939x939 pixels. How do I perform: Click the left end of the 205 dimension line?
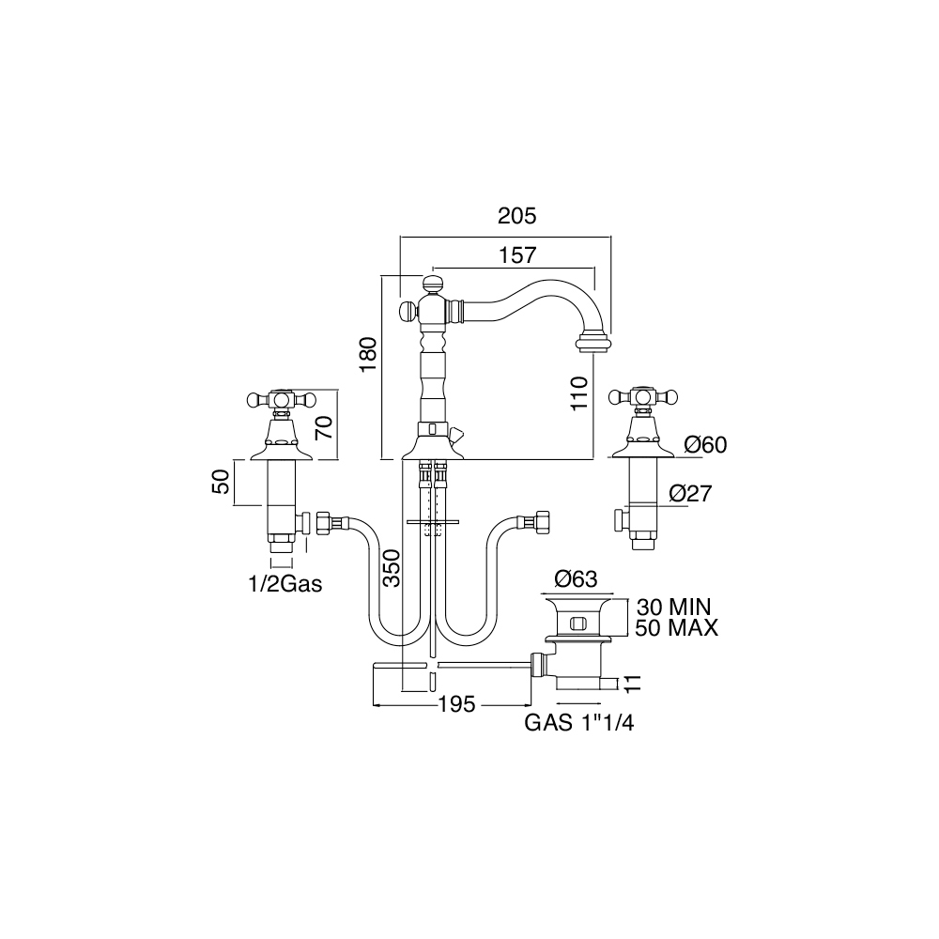coord(400,238)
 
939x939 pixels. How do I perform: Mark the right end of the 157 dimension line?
coord(594,267)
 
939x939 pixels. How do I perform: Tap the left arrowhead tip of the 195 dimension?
coord(373,705)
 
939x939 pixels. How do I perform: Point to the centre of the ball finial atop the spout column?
coord(432,284)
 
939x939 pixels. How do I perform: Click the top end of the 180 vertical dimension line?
coord(381,275)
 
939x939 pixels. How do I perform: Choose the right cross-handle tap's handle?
coord(642,396)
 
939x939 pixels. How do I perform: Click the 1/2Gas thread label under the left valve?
coord(285,584)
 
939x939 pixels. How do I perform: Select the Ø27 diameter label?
coord(690,494)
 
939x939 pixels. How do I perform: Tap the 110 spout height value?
coord(579,393)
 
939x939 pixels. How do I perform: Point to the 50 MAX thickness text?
coord(677,628)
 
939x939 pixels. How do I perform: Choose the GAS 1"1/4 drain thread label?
coord(579,723)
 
